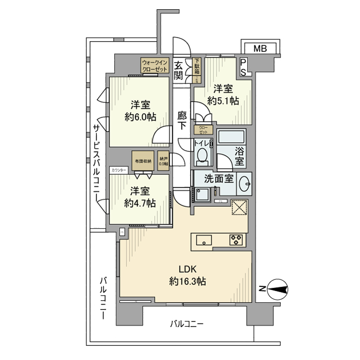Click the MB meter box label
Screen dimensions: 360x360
click(260, 49)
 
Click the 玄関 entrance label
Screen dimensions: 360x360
click(178, 70)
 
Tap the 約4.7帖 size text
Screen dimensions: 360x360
click(139, 203)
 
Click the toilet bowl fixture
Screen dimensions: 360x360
click(204, 155)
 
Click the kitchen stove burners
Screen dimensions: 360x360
click(237, 240)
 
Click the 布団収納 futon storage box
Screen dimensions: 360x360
click(142, 160)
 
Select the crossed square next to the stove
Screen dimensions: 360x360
click(239, 207)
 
